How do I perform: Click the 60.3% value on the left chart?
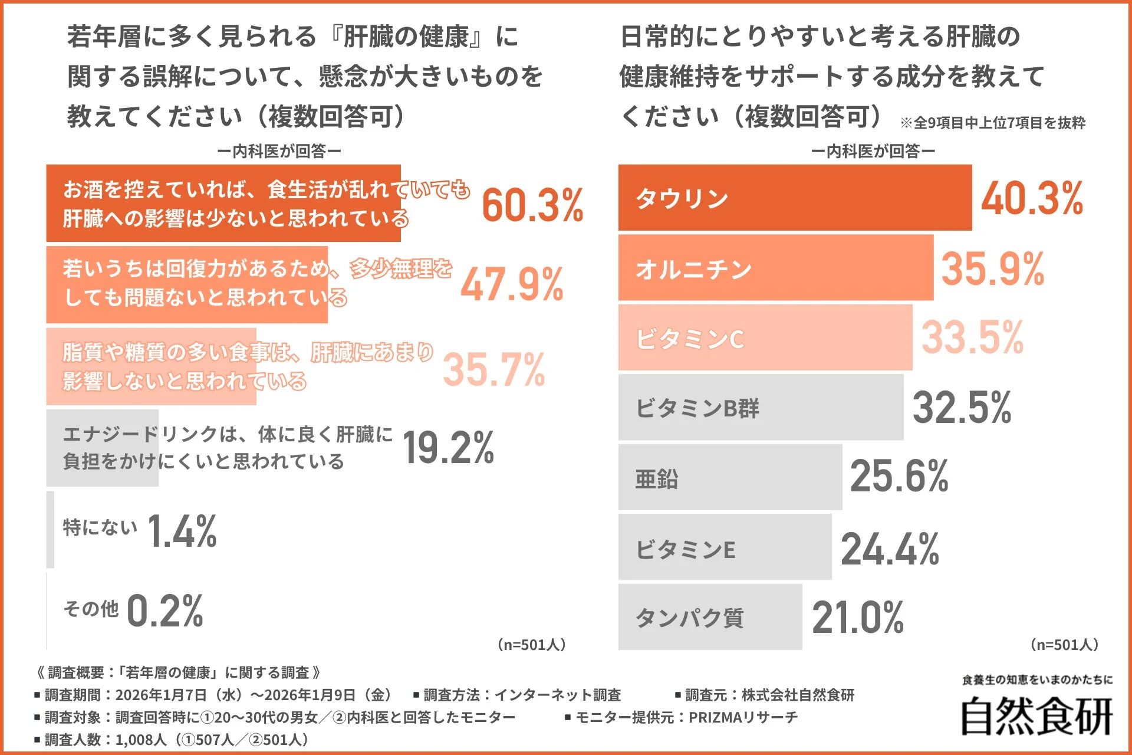point(532,205)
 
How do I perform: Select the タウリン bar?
point(795,198)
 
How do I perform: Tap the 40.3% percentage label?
point(1032,198)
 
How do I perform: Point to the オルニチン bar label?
point(693,270)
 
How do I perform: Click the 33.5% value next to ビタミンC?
point(972,337)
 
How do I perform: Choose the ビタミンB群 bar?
point(761,408)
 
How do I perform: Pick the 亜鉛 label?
point(656,478)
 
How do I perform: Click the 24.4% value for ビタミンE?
point(890,549)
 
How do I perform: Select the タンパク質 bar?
point(710,618)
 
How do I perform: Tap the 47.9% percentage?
point(512,285)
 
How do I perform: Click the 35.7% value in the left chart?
point(493,370)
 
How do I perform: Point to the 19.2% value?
point(448,448)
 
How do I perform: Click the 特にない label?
point(100,527)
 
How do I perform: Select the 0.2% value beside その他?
point(165,610)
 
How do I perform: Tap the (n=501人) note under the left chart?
point(531,645)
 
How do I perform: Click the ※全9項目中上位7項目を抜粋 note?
point(992,123)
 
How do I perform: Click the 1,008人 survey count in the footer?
point(140,740)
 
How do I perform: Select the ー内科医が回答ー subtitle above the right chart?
point(873,152)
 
